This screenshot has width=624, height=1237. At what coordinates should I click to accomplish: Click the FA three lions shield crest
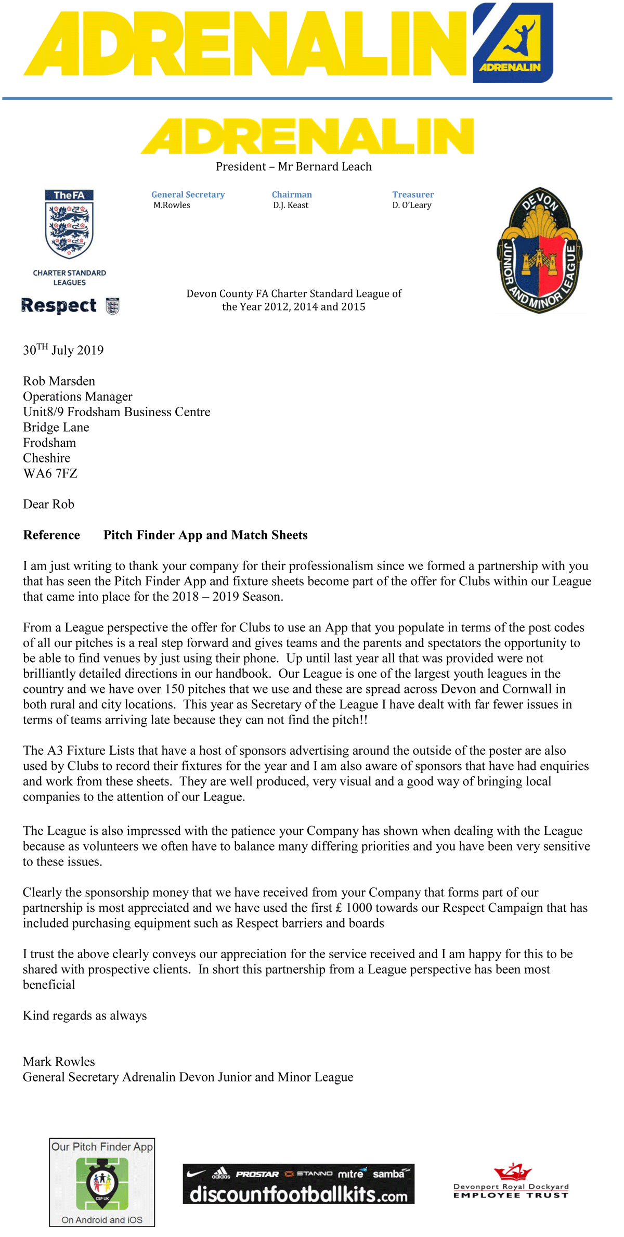[69, 225]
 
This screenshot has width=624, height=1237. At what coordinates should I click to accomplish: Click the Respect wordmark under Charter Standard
[59, 305]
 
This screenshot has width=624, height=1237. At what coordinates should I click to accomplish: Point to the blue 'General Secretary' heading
[188, 195]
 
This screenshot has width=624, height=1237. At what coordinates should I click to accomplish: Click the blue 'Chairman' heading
[292, 195]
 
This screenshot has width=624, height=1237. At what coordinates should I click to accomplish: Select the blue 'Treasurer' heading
[413, 195]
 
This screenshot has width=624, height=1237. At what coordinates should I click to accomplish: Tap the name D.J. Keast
[291, 205]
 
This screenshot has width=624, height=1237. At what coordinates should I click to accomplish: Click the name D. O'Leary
[412, 205]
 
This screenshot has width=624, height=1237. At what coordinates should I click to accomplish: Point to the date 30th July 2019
[63, 350]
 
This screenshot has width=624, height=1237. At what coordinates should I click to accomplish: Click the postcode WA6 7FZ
[50, 473]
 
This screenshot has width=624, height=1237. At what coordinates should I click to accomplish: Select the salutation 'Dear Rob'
[48, 504]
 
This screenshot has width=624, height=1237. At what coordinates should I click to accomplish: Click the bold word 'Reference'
[51, 535]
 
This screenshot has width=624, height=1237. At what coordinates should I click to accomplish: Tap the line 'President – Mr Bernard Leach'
[294, 167]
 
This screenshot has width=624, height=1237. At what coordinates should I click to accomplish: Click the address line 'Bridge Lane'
[56, 428]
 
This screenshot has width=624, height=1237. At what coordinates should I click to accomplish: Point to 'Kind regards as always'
[85, 1015]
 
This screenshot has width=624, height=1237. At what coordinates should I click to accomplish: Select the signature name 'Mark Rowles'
[59, 1062]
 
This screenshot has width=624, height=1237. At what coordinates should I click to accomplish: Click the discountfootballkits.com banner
[298, 1183]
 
